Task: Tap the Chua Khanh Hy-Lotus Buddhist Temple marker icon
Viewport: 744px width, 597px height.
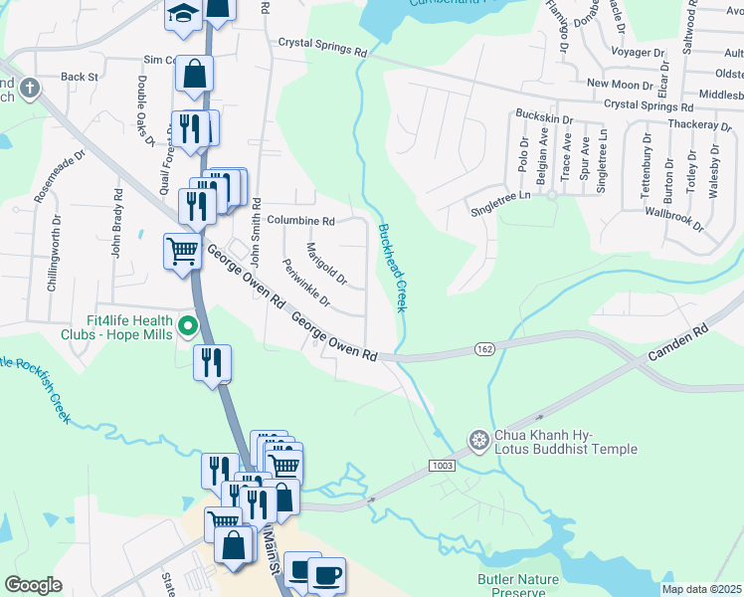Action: (479, 439)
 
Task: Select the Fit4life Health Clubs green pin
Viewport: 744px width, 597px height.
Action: (186, 324)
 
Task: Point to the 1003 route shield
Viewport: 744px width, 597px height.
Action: (443, 465)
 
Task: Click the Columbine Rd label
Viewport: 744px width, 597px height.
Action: (300, 220)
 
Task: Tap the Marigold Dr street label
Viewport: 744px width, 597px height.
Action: (325, 263)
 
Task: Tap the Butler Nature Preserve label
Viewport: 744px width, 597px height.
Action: (518, 585)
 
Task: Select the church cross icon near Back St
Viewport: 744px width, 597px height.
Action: (30, 88)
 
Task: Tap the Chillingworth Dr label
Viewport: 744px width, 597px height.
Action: (53, 259)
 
